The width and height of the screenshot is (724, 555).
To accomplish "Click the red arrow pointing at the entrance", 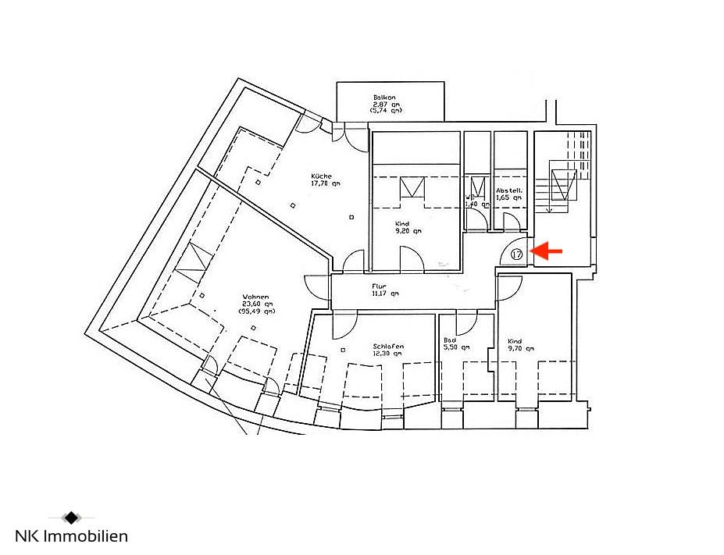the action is click(547, 251).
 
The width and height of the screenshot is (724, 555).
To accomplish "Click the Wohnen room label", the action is click(255, 297).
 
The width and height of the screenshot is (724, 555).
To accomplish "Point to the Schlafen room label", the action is click(387, 346).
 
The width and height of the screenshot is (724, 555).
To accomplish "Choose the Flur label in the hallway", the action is click(379, 286).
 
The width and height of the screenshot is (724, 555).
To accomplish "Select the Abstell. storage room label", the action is click(508, 190).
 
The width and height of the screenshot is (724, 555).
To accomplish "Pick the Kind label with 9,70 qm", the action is click(515, 341).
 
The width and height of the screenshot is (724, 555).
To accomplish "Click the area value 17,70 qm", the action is click(326, 185).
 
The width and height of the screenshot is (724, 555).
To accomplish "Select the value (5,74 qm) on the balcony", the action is click(386, 111).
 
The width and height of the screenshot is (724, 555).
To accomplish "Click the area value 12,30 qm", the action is click(387, 354).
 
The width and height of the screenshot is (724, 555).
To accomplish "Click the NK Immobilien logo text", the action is click(72, 536).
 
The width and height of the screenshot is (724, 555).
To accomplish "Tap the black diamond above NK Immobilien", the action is click(71, 517).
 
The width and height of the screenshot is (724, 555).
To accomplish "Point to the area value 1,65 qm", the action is click(509, 198).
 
